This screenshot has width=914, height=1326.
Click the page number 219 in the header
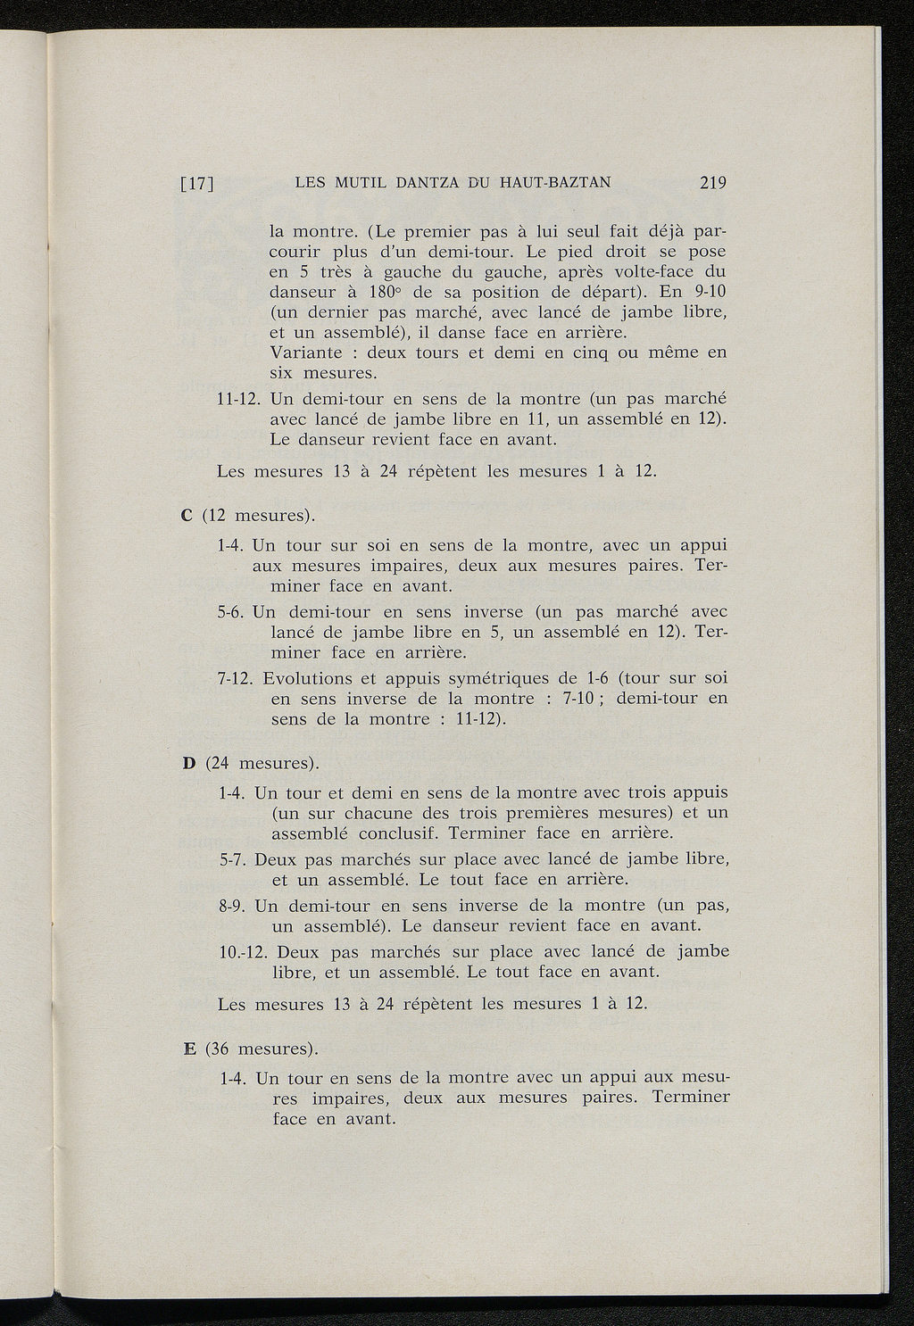coord(714,184)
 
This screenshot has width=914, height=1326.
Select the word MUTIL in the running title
coord(361,184)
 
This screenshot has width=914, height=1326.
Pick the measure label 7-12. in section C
coord(237,677)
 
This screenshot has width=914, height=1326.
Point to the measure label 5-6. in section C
coord(232,612)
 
